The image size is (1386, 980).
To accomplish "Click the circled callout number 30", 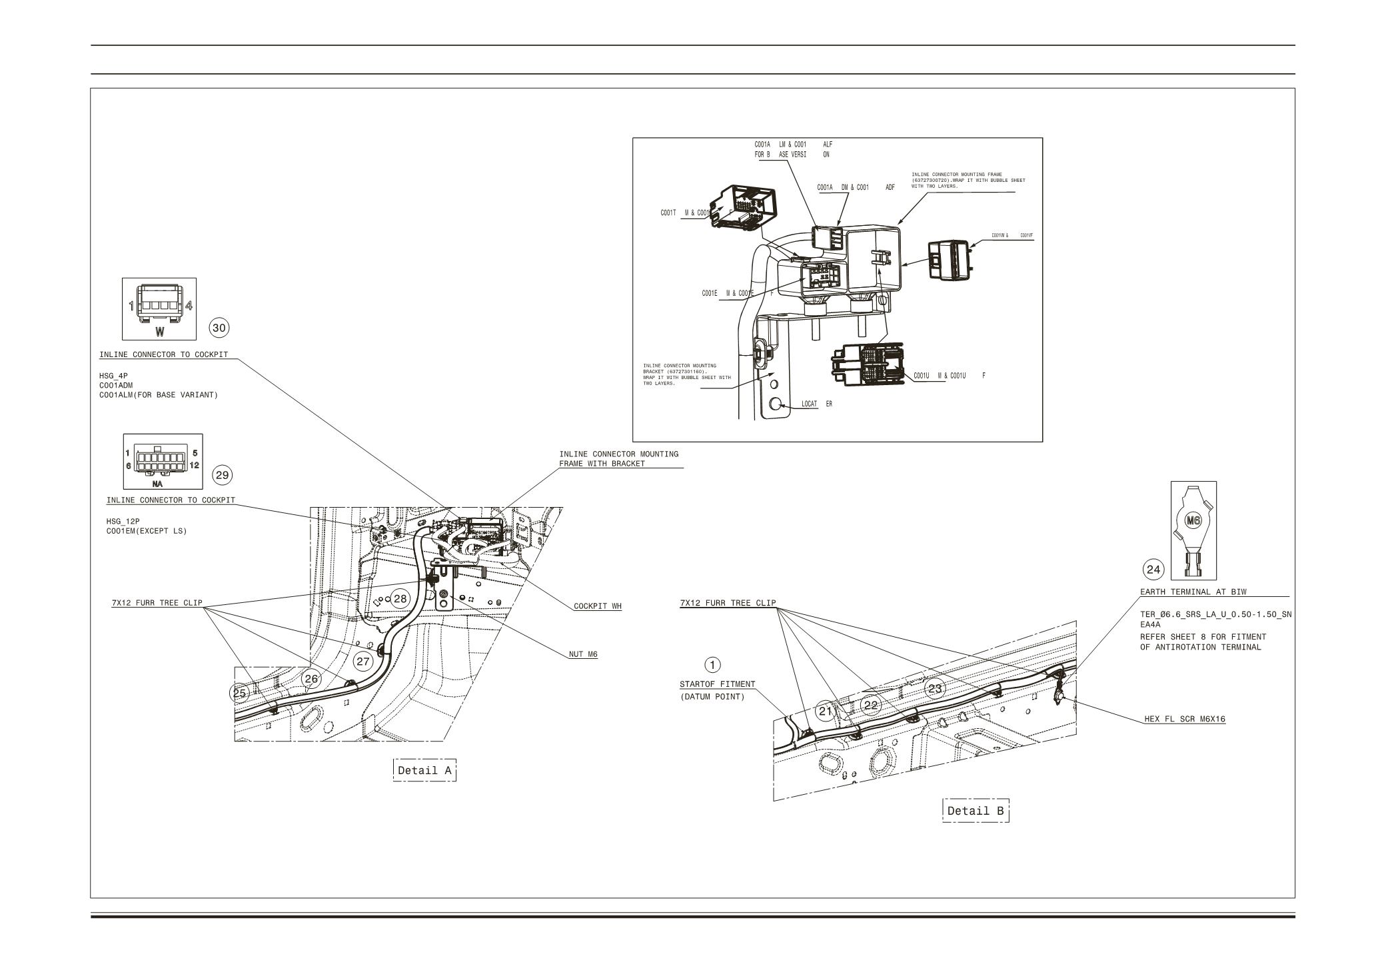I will click(219, 328).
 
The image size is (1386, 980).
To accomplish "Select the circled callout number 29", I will click(222, 475).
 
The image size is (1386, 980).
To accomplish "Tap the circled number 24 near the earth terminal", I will click(1153, 570).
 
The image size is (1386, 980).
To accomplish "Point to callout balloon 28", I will click(400, 598).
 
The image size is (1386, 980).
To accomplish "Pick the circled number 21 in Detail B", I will click(826, 711).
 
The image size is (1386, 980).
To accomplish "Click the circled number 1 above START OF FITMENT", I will click(712, 664).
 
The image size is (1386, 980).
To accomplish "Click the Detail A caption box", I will click(424, 770).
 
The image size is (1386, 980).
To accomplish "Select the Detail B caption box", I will click(976, 811).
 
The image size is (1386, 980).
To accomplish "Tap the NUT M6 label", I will click(583, 654).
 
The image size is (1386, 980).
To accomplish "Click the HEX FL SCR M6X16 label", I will click(1185, 719).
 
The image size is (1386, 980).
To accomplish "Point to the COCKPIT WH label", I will click(597, 606).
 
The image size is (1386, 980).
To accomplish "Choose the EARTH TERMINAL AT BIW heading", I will click(1193, 592).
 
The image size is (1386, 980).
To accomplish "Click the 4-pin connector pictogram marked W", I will click(159, 308).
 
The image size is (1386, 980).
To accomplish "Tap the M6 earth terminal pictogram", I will click(1193, 530).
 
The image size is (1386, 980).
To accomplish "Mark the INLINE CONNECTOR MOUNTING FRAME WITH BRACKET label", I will click(618, 458).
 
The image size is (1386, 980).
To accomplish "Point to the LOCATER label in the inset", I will click(816, 404).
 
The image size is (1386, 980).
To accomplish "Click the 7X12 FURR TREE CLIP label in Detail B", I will click(728, 603).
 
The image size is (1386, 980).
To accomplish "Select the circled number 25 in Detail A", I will click(239, 693).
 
